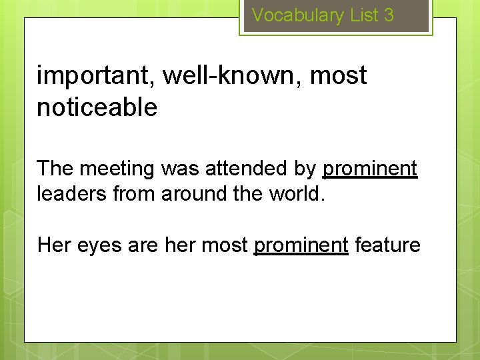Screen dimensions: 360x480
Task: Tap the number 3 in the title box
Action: click(x=389, y=15)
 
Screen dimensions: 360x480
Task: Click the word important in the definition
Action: click(x=95, y=76)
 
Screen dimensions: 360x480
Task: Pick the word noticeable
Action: click(x=97, y=107)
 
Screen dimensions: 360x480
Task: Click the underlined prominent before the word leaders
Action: click(x=370, y=169)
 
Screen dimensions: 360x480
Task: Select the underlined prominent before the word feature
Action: click(x=301, y=245)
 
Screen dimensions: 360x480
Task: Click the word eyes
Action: click(x=99, y=245)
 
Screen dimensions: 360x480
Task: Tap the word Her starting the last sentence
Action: click(x=53, y=245)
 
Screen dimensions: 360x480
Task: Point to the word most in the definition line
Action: click(x=339, y=76)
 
